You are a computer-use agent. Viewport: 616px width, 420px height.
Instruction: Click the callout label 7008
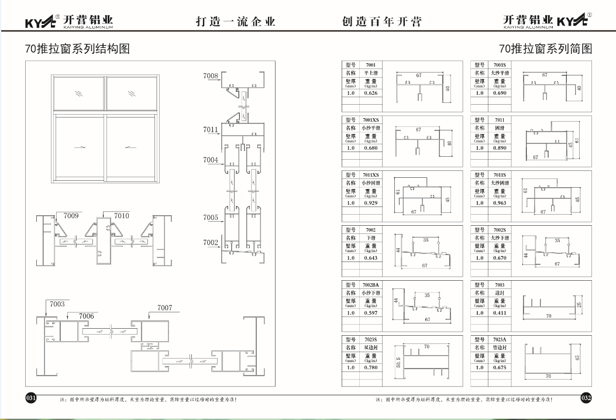(x=211, y=76)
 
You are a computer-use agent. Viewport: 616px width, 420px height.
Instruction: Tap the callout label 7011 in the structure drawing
(x=211, y=130)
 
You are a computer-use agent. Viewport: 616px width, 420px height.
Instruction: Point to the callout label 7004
(x=211, y=160)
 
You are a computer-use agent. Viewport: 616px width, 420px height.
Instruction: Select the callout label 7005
(x=211, y=218)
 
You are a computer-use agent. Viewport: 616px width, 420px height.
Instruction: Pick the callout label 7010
(x=122, y=216)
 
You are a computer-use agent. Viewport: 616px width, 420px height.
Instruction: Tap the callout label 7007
(x=164, y=308)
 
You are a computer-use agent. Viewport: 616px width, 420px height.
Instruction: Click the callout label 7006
(x=86, y=316)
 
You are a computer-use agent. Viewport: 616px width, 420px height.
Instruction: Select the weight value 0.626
(x=370, y=93)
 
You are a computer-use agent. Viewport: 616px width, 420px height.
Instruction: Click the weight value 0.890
(x=500, y=148)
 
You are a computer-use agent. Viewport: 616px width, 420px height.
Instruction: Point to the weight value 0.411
(x=500, y=313)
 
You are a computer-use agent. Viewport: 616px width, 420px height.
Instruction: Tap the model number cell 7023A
(x=500, y=339)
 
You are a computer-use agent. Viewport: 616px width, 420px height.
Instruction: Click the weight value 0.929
(x=370, y=203)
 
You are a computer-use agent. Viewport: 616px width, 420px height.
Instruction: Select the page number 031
(x=30, y=398)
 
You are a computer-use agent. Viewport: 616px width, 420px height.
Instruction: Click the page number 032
(x=586, y=398)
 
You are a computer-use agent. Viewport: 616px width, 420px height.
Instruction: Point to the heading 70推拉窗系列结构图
(x=77, y=49)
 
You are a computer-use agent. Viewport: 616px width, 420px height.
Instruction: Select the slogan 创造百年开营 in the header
(x=381, y=22)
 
